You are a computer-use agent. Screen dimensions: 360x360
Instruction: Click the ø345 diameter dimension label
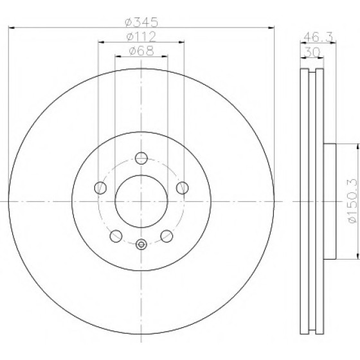tap(141, 22)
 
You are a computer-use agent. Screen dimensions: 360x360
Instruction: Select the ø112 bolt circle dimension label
tap(141, 37)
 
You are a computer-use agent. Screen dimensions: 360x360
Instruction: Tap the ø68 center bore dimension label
tap(141, 51)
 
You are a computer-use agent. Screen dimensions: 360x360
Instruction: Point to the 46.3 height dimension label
tap(318, 37)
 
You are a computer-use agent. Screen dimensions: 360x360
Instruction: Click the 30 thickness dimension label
tap(312, 53)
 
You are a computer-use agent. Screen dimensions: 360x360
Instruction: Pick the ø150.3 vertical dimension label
tap(353, 201)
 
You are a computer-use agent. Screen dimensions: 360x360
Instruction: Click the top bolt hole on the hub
tap(141, 158)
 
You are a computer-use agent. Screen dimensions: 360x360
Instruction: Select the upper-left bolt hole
tap(100, 188)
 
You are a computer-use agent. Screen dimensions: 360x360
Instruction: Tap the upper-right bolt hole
tap(183, 188)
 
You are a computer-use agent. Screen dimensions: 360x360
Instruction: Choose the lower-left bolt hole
tap(116, 236)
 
